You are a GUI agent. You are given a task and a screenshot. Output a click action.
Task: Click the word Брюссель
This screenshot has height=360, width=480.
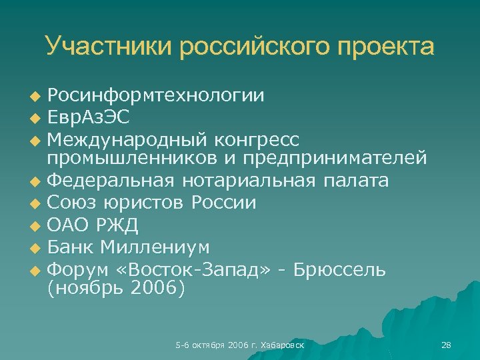(x=347, y=269)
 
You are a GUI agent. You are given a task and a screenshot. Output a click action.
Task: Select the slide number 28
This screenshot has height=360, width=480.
(x=446, y=345)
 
